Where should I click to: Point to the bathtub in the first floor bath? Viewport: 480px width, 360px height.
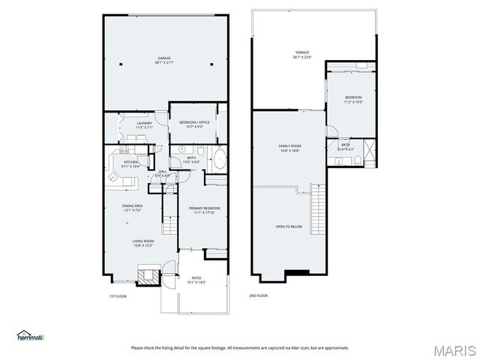point(220,159)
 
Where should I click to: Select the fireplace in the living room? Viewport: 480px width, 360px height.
point(148,275)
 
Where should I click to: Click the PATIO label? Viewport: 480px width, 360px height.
point(196,280)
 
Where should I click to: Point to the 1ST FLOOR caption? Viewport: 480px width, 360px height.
point(118,296)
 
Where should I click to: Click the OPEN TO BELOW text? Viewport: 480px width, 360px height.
point(289,226)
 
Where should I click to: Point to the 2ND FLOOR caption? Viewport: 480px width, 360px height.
point(258,296)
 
